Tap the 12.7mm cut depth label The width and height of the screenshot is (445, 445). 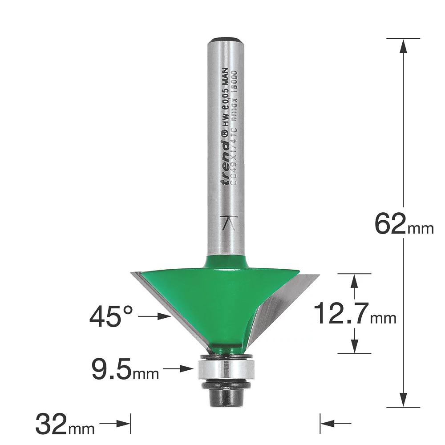click(x=354, y=313)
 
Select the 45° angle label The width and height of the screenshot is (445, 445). click(x=111, y=317)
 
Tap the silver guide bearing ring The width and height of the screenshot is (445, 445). click(x=226, y=369)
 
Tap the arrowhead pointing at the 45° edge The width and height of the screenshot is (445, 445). click(x=166, y=317)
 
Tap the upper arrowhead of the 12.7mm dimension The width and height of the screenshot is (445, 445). click(x=354, y=280)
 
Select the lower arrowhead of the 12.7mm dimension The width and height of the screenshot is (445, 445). click(x=354, y=346)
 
